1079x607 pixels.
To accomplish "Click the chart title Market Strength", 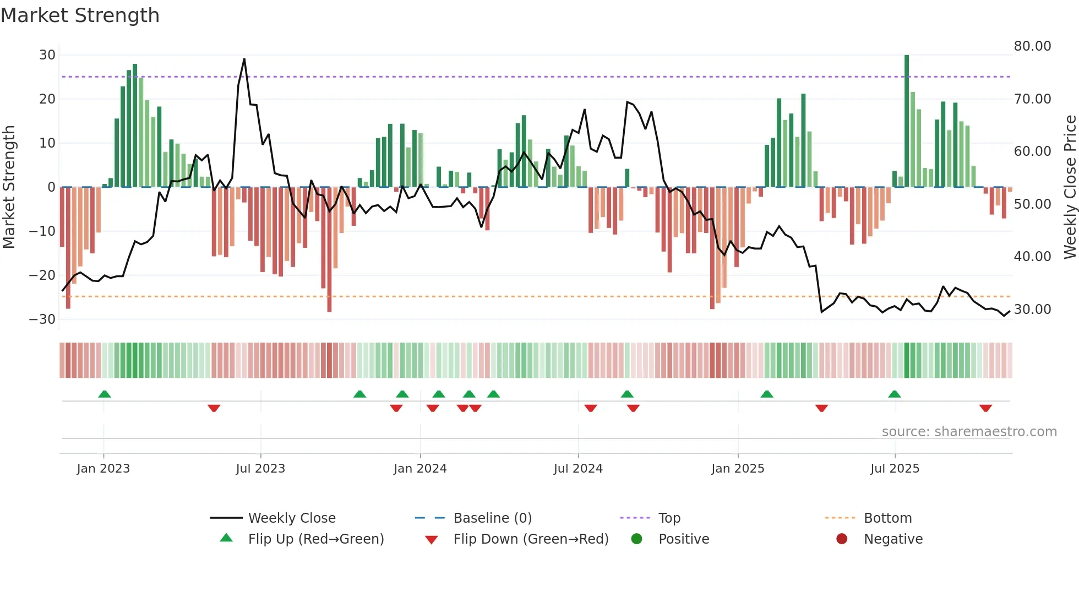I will [80, 15].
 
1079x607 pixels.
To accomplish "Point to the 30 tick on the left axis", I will [47, 55].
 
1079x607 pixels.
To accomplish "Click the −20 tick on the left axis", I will [42, 275].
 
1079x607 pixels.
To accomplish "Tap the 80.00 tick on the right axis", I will [1032, 46].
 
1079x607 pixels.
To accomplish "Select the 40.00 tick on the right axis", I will [1032, 257].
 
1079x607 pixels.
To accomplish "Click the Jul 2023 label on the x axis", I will [260, 469].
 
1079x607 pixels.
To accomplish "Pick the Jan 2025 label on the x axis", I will [737, 469].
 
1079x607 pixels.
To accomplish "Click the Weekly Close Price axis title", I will [1070, 187].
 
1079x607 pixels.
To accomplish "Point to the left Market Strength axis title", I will [9, 187].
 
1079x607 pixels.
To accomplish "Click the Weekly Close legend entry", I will [291, 518].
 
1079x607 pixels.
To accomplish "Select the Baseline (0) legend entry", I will [492, 518].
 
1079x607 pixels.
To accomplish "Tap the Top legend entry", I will [669, 518].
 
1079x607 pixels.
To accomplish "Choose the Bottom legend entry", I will [887, 518].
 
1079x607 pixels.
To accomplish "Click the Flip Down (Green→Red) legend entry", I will [530, 539].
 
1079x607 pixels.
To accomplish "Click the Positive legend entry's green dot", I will [636, 539].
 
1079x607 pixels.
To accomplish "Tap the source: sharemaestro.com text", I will [969, 432].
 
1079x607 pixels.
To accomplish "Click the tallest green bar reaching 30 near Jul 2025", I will [907, 121].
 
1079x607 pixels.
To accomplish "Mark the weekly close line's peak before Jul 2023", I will [244, 59].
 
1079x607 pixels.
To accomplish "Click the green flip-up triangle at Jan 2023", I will [105, 394].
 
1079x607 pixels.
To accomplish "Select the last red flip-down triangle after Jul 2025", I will [985, 408].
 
